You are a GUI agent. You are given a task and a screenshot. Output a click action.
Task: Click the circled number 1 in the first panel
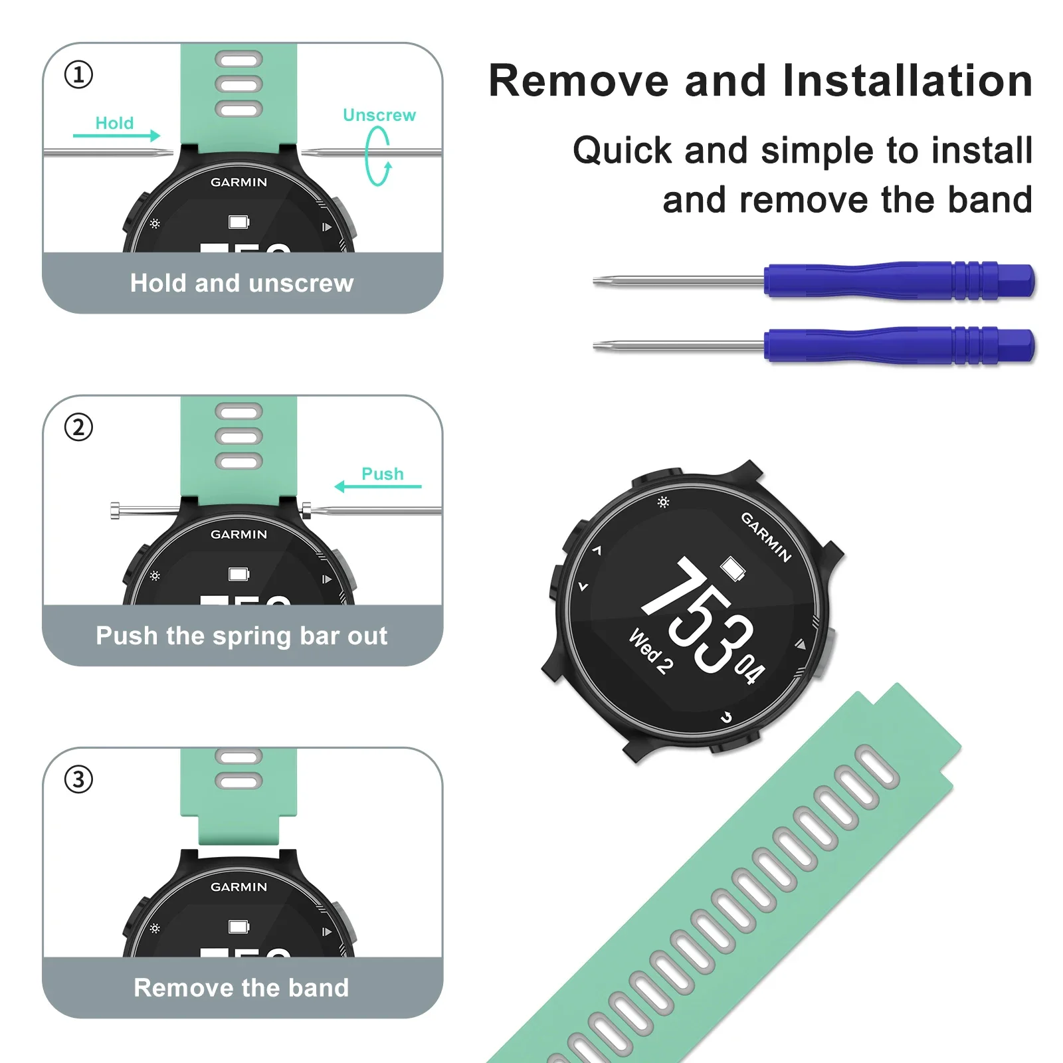tap(78, 74)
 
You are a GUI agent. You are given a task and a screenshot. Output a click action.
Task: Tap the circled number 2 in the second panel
tap(78, 427)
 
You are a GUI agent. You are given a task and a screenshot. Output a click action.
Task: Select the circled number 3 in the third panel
tap(78, 779)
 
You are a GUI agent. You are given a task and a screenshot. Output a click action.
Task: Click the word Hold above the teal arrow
tap(114, 123)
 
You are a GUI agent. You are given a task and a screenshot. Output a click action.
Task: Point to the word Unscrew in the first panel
tap(379, 115)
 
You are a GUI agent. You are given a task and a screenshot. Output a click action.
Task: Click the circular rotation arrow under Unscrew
tap(378, 156)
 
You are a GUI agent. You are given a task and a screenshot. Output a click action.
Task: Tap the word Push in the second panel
tap(382, 474)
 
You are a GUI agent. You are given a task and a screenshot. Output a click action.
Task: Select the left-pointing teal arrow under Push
tap(377, 487)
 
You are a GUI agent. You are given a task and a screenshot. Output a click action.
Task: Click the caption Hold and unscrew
tap(241, 283)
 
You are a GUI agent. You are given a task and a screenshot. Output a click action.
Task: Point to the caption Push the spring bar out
tap(241, 636)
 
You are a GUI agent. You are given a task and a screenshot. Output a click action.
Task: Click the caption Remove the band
tap(241, 988)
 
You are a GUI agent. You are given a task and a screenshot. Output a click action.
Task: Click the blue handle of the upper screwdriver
tap(897, 280)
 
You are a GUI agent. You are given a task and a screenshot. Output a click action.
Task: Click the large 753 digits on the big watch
tap(698, 615)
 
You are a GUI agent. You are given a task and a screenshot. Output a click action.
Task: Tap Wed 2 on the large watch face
tap(650, 652)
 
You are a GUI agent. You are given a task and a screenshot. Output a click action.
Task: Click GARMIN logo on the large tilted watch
tap(765, 537)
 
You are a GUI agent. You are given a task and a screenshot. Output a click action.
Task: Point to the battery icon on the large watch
tap(733, 569)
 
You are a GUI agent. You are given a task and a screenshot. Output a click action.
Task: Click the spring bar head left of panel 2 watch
tap(116, 511)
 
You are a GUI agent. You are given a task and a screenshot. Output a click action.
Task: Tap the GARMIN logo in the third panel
tap(239, 887)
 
